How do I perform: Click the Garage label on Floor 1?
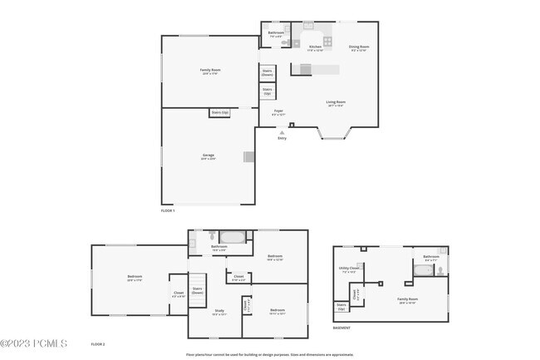pyautogui.click(x=208, y=157)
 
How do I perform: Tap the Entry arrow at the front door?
pyautogui.click(x=282, y=131)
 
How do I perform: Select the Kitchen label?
pyautogui.click(x=316, y=47)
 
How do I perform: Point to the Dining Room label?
pyautogui.click(x=358, y=47)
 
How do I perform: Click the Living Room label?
pyautogui.click(x=336, y=103)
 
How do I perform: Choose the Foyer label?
pyautogui.click(x=279, y=111)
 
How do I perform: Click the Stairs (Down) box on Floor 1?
pyautogui.click(x=268, y=72)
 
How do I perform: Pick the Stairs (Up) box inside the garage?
pyautogui.click(x=220, y=111)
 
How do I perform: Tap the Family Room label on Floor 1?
pyautogui.click(x=209, y=72)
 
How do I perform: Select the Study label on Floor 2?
pyautogui.click(x=218, y=313)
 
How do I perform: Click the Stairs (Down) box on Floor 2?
pyautogui.click(x=198, y=291)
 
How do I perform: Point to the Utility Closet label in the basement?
pyautogui.click(x=349, y=269)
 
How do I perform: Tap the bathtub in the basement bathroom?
pyautogui.click(x=423, y=270)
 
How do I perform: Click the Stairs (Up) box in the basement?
pyautogui.click(x=341, y=307)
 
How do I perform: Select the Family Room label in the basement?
pyautogui.click(x=407, y=300)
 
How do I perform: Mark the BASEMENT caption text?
pyautogui.click(x=341, y=328)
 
